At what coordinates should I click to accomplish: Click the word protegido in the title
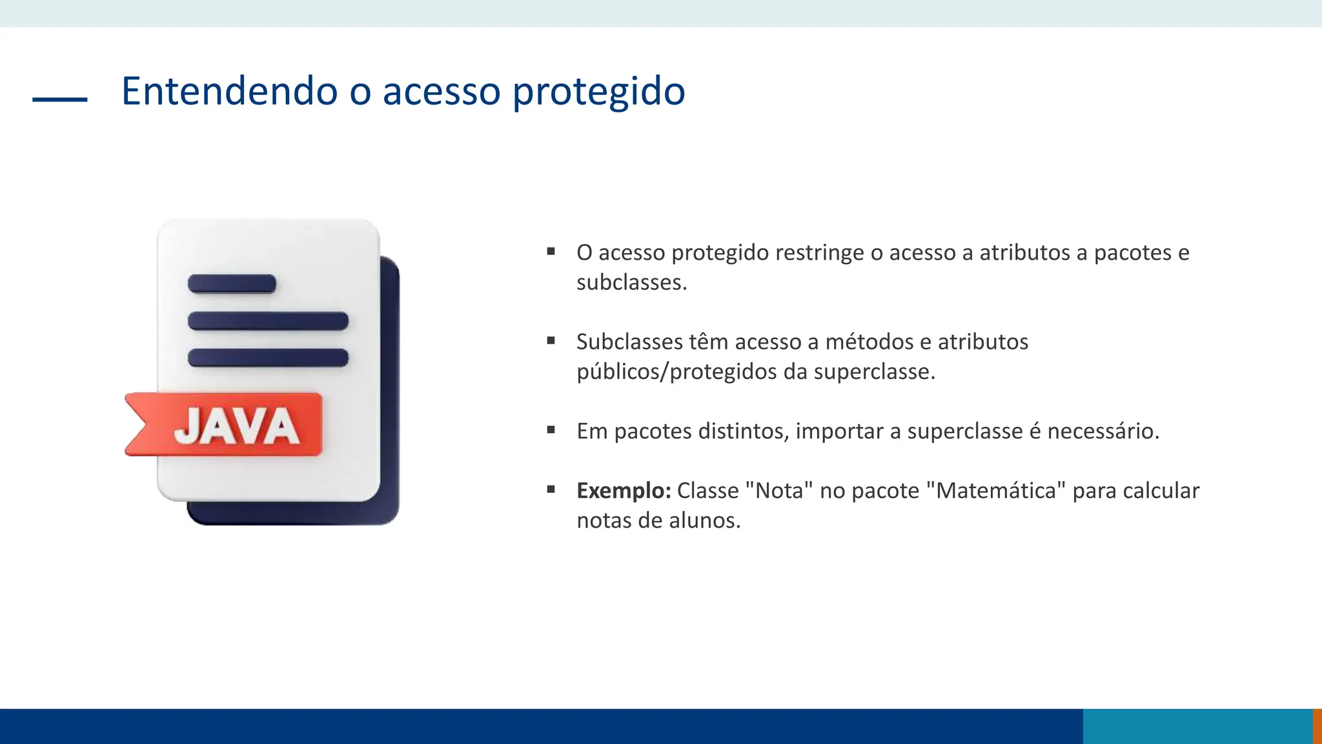(598, 92)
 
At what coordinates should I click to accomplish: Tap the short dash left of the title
(60, 99)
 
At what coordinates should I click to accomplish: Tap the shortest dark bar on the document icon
(232, 284)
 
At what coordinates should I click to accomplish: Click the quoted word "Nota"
(778, 491)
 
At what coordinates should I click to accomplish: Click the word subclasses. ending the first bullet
(631, 282)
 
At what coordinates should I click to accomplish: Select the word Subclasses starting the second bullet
(629, 342)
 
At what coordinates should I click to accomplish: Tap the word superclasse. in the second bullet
(874, 372)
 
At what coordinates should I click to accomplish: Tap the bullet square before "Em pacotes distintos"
(551, 429)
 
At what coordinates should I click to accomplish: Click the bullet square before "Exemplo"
(551, 490)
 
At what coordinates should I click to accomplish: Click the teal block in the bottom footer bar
(1197, 726)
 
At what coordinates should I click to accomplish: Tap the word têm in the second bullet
(708, 342)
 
